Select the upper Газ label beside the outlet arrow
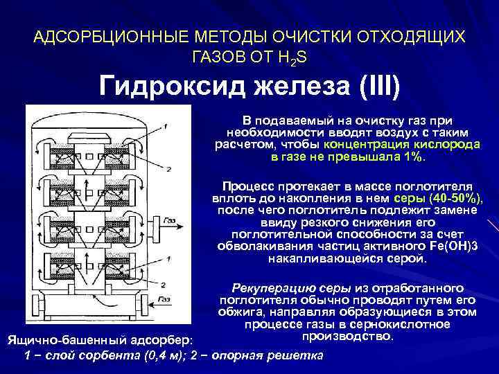169,221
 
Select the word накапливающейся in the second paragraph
315,259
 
